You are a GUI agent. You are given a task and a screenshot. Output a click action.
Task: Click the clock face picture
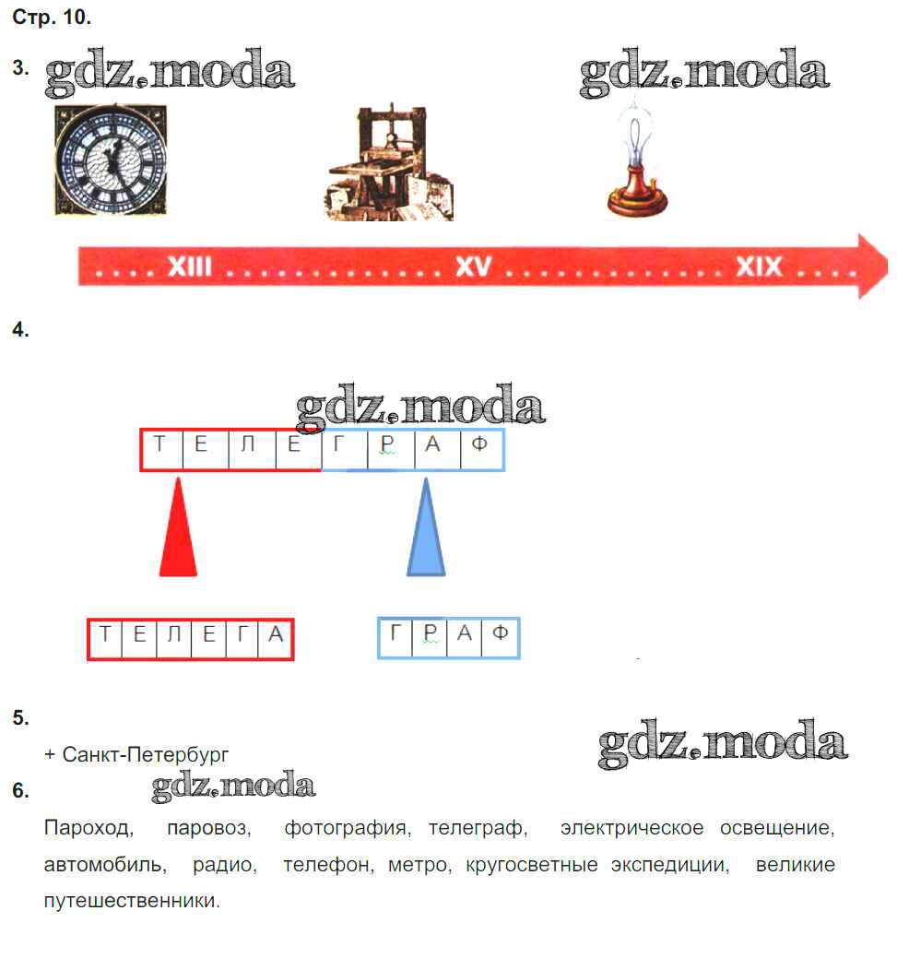[x=111, y=160]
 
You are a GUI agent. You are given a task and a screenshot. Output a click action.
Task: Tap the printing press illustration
[x=389, y=163]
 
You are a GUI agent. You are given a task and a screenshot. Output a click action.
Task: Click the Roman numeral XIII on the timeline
[x=189, y=267]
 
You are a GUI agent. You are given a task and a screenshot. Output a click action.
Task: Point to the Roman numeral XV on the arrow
[x=474, y=267]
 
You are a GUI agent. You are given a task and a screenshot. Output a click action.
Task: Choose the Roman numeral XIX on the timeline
[x=759, y=266]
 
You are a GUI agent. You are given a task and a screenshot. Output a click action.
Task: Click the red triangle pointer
[x=178, y=527]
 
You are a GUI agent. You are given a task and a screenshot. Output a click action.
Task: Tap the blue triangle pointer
[x=426, y=527]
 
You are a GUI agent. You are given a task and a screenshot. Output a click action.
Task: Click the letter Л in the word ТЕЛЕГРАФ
[x=247, y=444]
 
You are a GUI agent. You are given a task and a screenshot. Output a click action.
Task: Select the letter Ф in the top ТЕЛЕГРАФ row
[x=479, y=444]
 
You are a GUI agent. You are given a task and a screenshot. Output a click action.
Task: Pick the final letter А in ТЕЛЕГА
[x=276, y=634]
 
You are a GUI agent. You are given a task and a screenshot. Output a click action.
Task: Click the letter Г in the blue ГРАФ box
[x=395, y=633]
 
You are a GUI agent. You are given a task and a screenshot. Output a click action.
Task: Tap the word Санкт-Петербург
[x=146, y=755]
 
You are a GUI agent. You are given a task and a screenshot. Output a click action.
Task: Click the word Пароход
[x=87, y=828]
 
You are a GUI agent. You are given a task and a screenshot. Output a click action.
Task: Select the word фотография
[x=345, y=829]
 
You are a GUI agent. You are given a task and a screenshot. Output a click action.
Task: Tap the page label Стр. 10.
[x=52, y=18]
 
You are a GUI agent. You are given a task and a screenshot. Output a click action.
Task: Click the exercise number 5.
[x=20, y=717]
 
